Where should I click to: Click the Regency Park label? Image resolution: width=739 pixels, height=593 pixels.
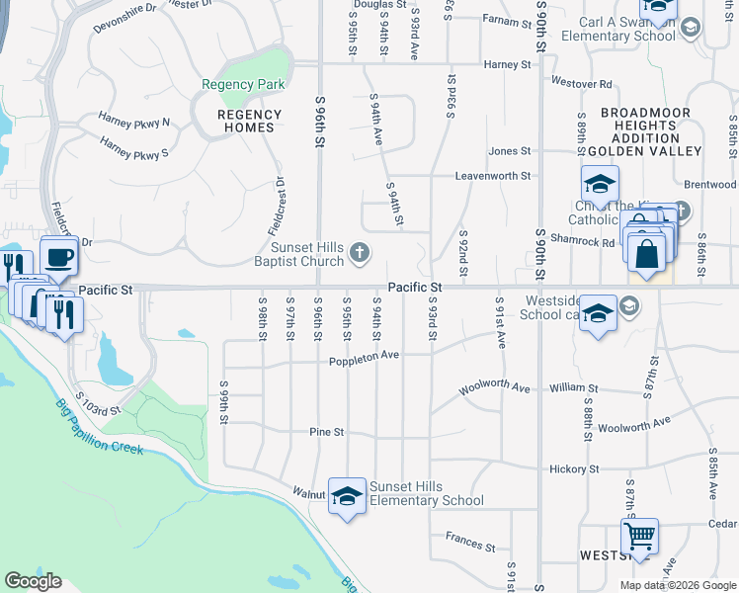(x=243, y=85)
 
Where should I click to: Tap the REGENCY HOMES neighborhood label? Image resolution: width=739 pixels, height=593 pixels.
(x=249, y=121)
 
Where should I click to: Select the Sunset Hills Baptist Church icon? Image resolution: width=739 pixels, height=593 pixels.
(x=360, y=254)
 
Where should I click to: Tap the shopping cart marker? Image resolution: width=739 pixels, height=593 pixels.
(x=640, y=537)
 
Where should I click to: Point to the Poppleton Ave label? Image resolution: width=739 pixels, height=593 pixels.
(x=365, y=357)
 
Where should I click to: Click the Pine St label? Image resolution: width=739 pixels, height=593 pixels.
(x=326, y=433)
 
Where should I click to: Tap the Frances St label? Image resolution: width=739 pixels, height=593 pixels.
(x=469, y=544)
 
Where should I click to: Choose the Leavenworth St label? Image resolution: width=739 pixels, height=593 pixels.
(x=493, y=176)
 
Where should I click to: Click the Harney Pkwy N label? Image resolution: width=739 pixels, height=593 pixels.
(x=134, y=122)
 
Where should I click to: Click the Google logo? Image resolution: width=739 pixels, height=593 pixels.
(x=33, y=581)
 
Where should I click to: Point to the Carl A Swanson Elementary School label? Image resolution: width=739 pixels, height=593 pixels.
(x=617, y=28)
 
